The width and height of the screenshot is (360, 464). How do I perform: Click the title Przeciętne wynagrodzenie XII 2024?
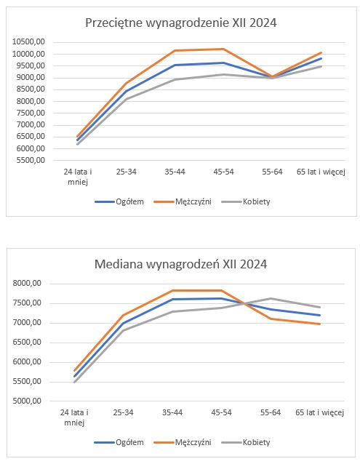coord(181,23)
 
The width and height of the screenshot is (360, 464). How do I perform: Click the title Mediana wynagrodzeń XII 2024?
coord(181,264)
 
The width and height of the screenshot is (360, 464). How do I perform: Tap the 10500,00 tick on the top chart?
coord(28,42)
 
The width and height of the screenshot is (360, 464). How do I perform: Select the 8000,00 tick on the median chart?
coord(27,284)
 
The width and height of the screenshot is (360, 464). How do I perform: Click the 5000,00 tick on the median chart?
coord(27,401)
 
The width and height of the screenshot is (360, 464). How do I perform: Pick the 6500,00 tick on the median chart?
coord(27,343)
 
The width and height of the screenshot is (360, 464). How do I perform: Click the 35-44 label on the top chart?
coord(175,172)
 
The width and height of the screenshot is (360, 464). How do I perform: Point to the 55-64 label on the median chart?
coord(271,412)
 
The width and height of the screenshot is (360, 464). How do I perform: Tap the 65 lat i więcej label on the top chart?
coord(321,172)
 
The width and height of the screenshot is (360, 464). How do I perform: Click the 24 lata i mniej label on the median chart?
coord(74,417)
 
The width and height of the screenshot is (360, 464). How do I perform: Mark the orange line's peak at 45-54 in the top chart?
coord(223,49)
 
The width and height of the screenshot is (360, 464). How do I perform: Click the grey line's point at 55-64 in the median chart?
coord(271,298)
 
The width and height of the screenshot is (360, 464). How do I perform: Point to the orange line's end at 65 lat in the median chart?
coord(320,324)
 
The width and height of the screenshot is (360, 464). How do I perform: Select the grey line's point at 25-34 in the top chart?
coord(127,99)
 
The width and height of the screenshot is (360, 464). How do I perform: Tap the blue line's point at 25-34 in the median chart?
coord(124,323)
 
